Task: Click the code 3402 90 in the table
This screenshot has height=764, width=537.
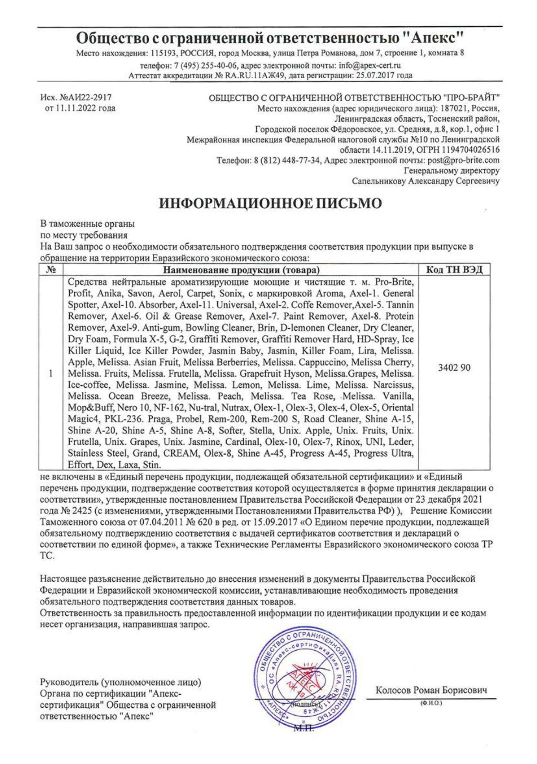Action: pos(454,368)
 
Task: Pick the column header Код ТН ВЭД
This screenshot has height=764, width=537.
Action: pos(454,270)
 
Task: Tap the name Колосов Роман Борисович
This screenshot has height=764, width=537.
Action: pos(431,690)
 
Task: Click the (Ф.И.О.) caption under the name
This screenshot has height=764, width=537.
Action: pos(431,704)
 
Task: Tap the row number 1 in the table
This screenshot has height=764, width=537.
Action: pos(51,373)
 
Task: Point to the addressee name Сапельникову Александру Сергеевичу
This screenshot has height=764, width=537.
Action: pos(426,181)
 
